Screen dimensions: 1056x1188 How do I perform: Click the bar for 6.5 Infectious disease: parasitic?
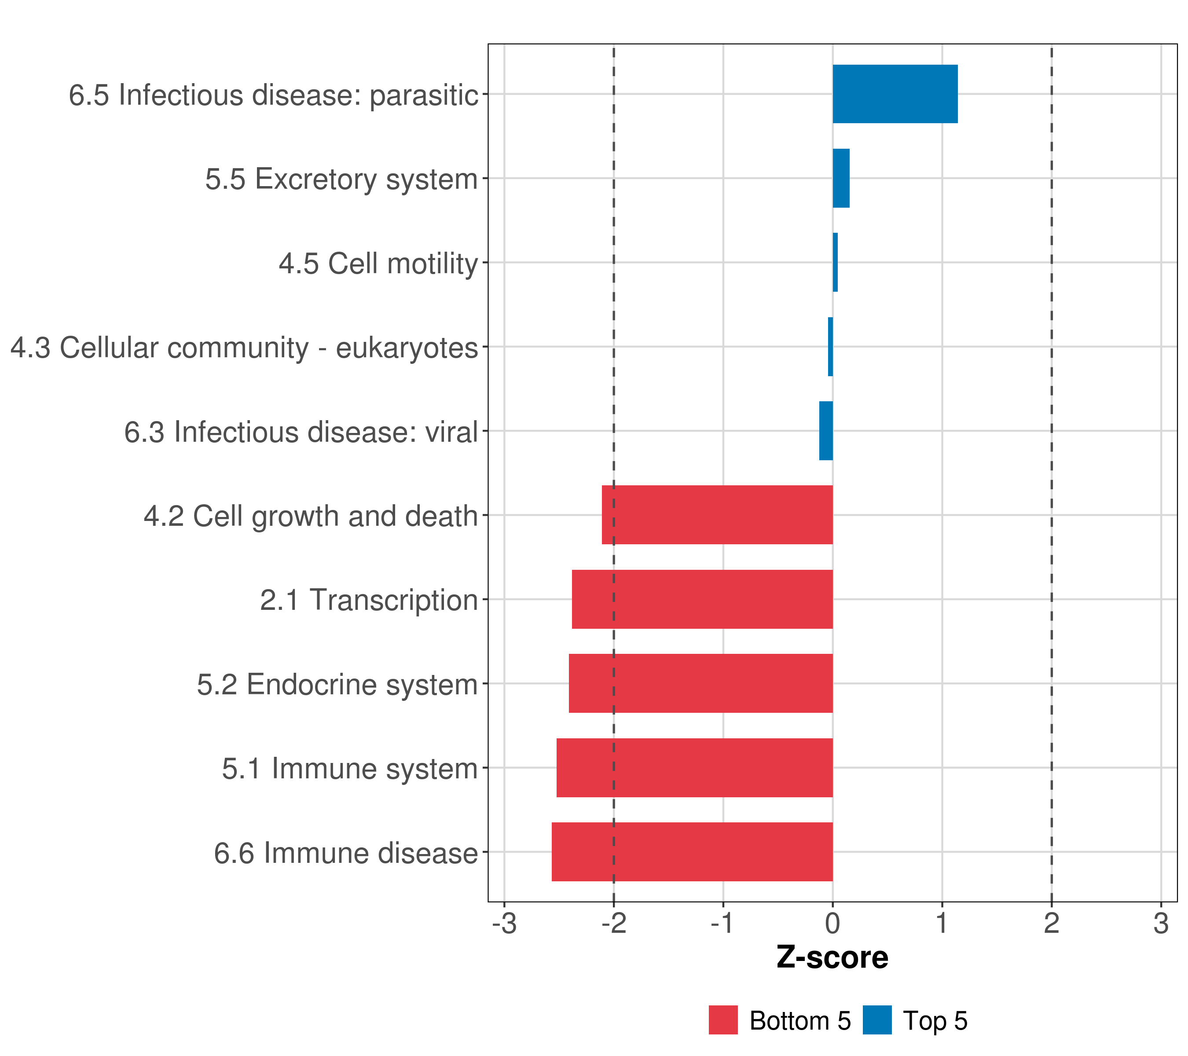coord(895,94)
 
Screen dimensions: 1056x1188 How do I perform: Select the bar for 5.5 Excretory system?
coord(840,179)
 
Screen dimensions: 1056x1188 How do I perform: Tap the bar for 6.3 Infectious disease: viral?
coord(826,431)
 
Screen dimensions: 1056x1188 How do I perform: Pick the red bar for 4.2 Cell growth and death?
coord(717,515)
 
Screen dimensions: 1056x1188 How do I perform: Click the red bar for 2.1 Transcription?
coord(702,599)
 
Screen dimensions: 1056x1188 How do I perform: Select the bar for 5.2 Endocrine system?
coord(700,683)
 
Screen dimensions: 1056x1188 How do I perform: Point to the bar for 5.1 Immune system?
coord(695,768)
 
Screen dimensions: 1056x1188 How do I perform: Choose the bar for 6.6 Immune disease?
coord(692,852)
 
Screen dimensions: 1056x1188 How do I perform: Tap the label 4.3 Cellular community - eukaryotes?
coord(244,348)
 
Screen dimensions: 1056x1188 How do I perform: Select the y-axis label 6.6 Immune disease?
coord(346,853)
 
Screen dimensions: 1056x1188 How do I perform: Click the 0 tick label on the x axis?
coord(832,924)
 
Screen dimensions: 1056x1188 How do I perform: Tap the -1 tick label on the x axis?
coord(722,924)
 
